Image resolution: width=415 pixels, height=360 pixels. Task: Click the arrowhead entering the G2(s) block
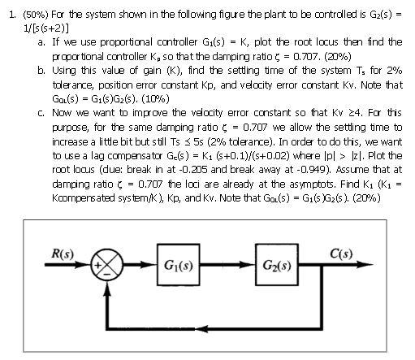click(250, 266)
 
